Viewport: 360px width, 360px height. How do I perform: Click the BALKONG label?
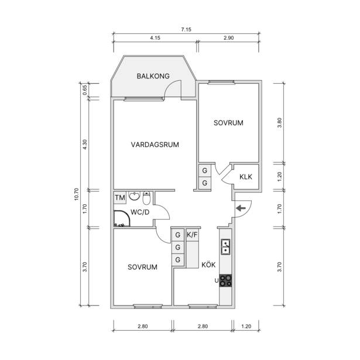point(153,76)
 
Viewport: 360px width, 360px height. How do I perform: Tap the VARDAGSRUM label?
point(155,145)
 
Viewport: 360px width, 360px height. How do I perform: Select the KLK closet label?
point(246,177)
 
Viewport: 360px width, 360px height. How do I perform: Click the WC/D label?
point(140,212)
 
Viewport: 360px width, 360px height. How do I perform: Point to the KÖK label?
point(208,265)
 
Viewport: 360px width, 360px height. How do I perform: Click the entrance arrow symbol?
point(241,208)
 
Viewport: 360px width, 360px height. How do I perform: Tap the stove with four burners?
point(225,280)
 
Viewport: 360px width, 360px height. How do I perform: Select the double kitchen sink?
point(226,247)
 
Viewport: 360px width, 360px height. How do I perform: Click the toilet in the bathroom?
point(146,198)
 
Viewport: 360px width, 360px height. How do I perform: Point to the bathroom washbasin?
point(134,196)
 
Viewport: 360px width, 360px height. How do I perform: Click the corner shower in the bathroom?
point(122,218)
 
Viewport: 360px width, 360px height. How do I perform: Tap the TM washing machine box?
point(120,198)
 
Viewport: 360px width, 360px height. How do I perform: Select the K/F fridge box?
point(192,235)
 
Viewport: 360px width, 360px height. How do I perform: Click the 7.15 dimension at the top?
point(186,30)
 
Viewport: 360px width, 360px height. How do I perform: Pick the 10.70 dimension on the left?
point(77,194)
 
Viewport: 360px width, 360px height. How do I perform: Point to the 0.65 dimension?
point(85,90)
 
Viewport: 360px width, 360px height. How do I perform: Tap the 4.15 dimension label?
point(155,38)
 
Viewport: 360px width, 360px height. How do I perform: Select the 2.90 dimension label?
point(229,38)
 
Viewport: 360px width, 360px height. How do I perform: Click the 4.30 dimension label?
point(85,145)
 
